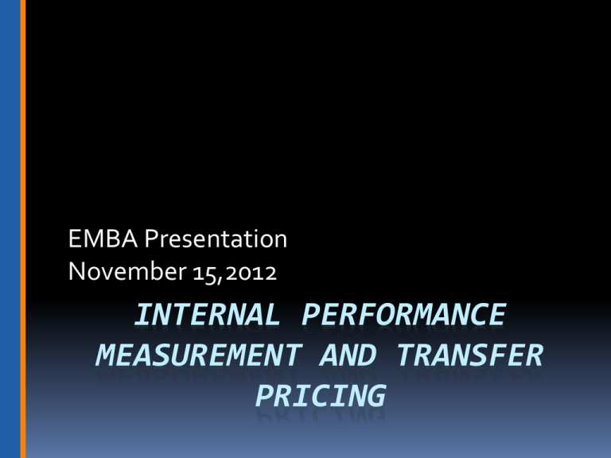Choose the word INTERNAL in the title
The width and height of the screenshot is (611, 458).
(x=204, y=316)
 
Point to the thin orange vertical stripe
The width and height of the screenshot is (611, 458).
(x=23, y=229)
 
